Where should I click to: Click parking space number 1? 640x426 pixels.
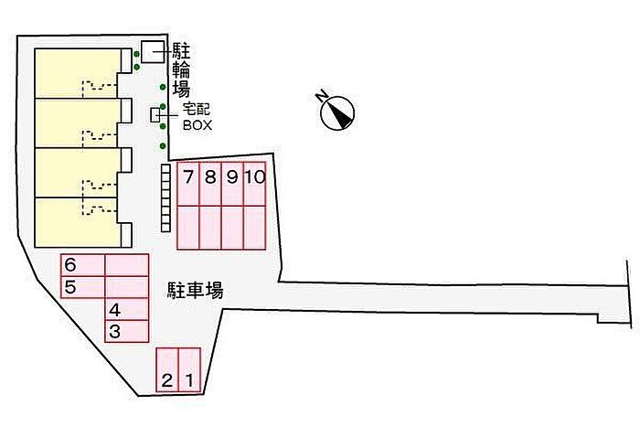[190, 370]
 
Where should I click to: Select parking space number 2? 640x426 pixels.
[167, 370]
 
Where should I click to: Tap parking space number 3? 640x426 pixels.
[126, 331]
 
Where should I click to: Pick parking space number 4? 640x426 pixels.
[126, 309]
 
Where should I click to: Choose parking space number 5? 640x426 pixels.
[83, 287]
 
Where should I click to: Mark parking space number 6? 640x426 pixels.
[83, 265]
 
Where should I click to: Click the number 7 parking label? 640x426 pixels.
[188, 176]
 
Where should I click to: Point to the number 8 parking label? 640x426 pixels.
[210, 176]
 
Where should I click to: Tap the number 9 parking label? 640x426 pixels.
[232, 176]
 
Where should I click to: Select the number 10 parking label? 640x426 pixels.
[255, 176]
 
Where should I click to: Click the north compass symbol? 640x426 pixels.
[337, 113]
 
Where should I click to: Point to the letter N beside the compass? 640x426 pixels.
[322, 96]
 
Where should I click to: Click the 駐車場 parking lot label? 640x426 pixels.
[196, 290]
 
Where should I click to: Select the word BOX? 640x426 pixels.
[197, 125]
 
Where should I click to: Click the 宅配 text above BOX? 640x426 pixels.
[196, 110]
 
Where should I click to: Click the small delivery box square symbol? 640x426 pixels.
[155, 115]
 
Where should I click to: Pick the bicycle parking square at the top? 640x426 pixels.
[153, 52]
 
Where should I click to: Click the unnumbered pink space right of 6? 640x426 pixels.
[126, 265]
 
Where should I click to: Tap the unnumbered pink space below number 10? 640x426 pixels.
[255, 228]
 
